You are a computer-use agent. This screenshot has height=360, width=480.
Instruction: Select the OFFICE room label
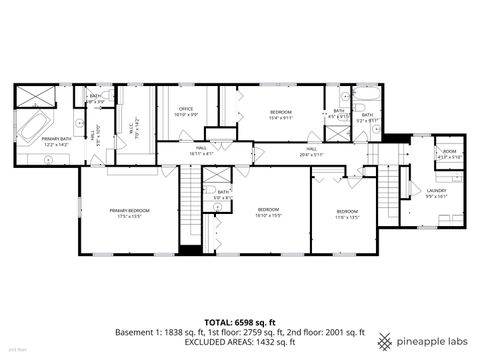click(x=186, y=111)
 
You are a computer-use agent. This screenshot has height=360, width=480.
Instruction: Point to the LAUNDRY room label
click(x=436, y=192)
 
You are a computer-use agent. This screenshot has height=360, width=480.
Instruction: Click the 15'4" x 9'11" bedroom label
click(x=280, y=114)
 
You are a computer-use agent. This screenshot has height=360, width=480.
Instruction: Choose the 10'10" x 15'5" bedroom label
click(x=267, y=212)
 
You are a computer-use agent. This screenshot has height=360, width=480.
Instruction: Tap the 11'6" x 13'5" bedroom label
click(x=346, y=213)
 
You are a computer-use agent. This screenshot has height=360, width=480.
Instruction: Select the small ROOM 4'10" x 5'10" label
click(x=450, y=154)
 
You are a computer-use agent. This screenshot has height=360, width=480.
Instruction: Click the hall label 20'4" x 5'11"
click(x=311, y=152)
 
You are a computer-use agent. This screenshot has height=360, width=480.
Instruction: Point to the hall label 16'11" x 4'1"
click(x=201, y=152)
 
